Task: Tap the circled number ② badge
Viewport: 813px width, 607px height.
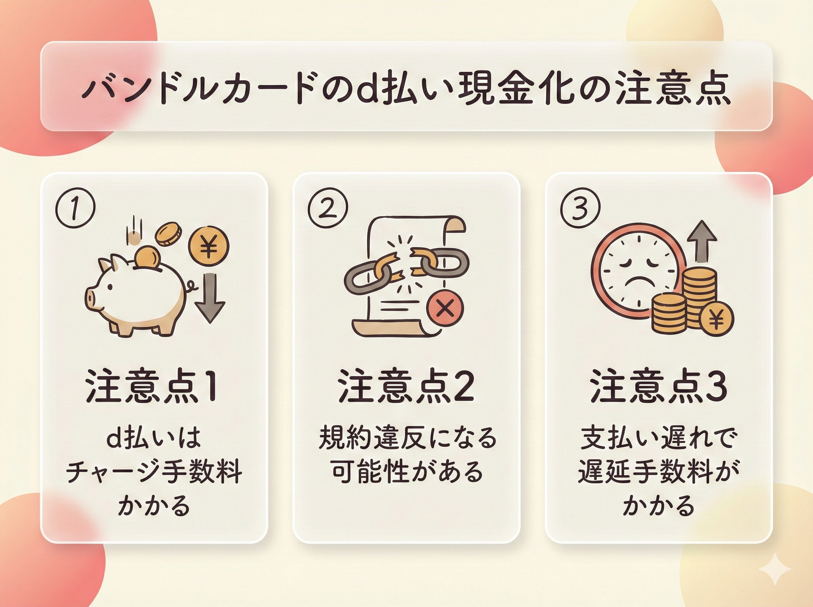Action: click(327, 208)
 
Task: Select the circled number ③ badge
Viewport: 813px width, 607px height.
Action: click(580, 208)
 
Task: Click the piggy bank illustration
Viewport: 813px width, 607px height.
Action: click(140, 294)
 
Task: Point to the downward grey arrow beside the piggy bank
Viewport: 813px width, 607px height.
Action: click(209, 298)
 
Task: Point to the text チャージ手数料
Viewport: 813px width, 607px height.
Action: click(154, 472)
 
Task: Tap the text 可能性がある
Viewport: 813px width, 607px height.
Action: click(407, 472)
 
